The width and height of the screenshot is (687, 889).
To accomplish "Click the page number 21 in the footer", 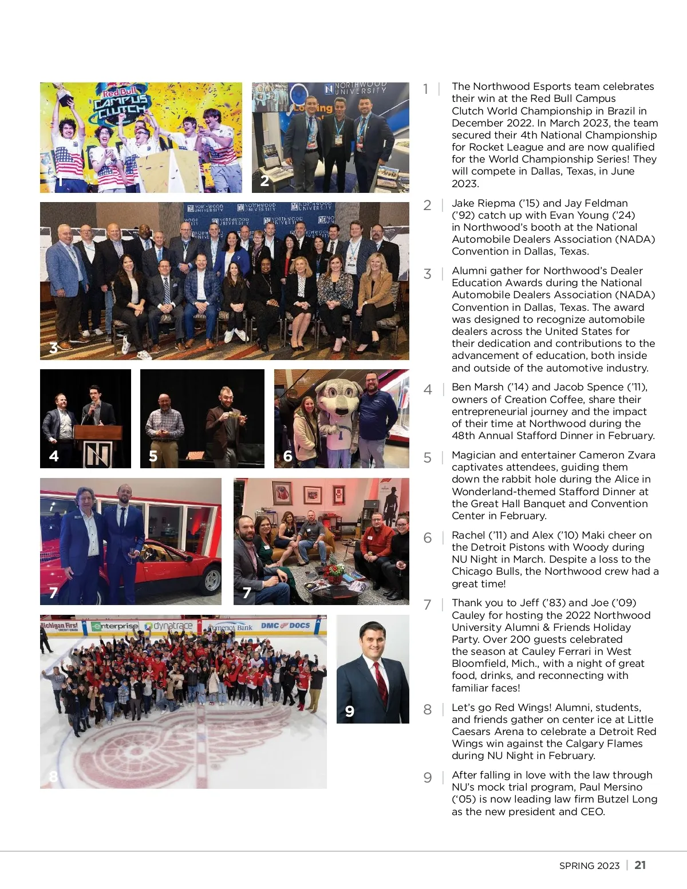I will coord(640,865).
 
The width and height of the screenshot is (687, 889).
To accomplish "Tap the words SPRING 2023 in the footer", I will coord(589,866).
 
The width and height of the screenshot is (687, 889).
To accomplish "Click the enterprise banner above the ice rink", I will coord(115,626).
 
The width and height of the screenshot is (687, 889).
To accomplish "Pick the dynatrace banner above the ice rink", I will coord(169,626).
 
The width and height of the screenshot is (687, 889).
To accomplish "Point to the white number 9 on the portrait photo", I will coord(350,712).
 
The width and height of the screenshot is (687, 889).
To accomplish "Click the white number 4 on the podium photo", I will coord(54,456).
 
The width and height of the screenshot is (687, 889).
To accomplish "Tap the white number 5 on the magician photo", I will coord(153,456).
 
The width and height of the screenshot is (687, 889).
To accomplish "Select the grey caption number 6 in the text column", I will coord(428,538).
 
